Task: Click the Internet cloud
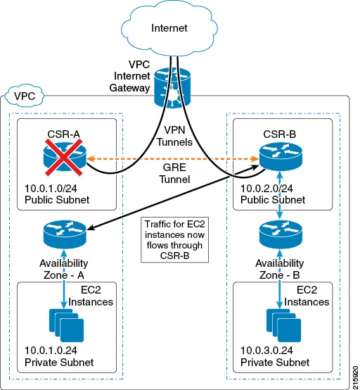169,28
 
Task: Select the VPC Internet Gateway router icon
172,88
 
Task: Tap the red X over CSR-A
64,158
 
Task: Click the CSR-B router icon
281,157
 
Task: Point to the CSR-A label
63,134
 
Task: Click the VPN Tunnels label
174,136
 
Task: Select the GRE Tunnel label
174,173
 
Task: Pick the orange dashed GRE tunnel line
173,158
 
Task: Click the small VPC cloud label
25,96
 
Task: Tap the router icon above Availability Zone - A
65,234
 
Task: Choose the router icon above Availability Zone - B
281,234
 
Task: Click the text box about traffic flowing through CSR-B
174,240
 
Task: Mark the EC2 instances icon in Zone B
283,325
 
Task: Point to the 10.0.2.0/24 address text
266,188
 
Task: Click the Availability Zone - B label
280,269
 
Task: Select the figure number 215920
356,377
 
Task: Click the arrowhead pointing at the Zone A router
91,227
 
